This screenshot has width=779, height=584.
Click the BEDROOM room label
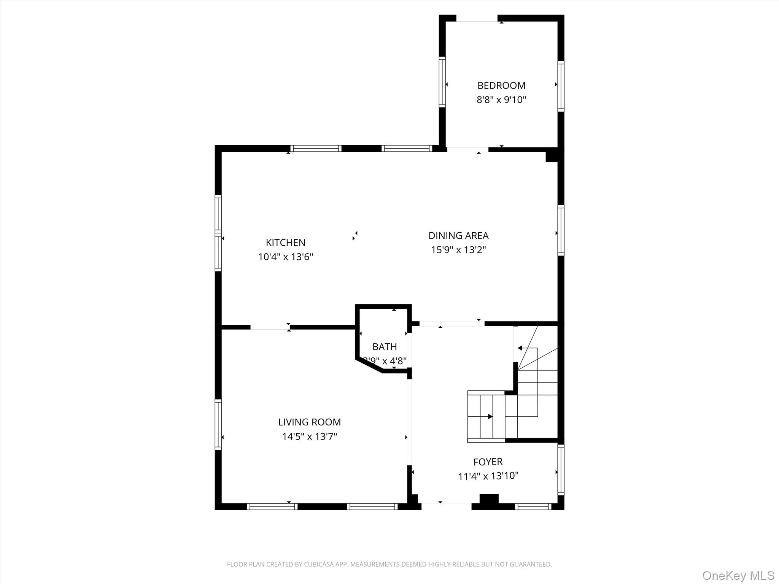point(501,86)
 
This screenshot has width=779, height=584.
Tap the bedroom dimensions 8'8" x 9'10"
point(501,100)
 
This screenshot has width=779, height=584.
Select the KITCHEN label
point(285,243)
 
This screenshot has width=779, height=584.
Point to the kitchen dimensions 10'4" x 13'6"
point(285,257)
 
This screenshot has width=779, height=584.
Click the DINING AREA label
point(458,236)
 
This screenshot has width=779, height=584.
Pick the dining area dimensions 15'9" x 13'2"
point(458,250)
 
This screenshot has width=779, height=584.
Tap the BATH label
point(385,347)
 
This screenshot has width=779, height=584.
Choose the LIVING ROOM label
point(309,422)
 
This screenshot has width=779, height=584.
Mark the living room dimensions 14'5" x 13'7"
point(309,436)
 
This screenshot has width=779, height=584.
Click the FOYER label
point(488,462)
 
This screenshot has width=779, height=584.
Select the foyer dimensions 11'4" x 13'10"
point(488,476)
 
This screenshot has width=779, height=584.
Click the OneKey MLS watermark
point(738,575)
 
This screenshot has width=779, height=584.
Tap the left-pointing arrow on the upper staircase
point(520,348)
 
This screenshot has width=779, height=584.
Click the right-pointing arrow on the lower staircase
point(490,417)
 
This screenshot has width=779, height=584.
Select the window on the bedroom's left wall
point(442,82)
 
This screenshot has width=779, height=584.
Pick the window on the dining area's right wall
point(561,230)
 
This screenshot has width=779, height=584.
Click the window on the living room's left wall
point(218,424)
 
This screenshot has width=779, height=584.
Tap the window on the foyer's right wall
point(561,470)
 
